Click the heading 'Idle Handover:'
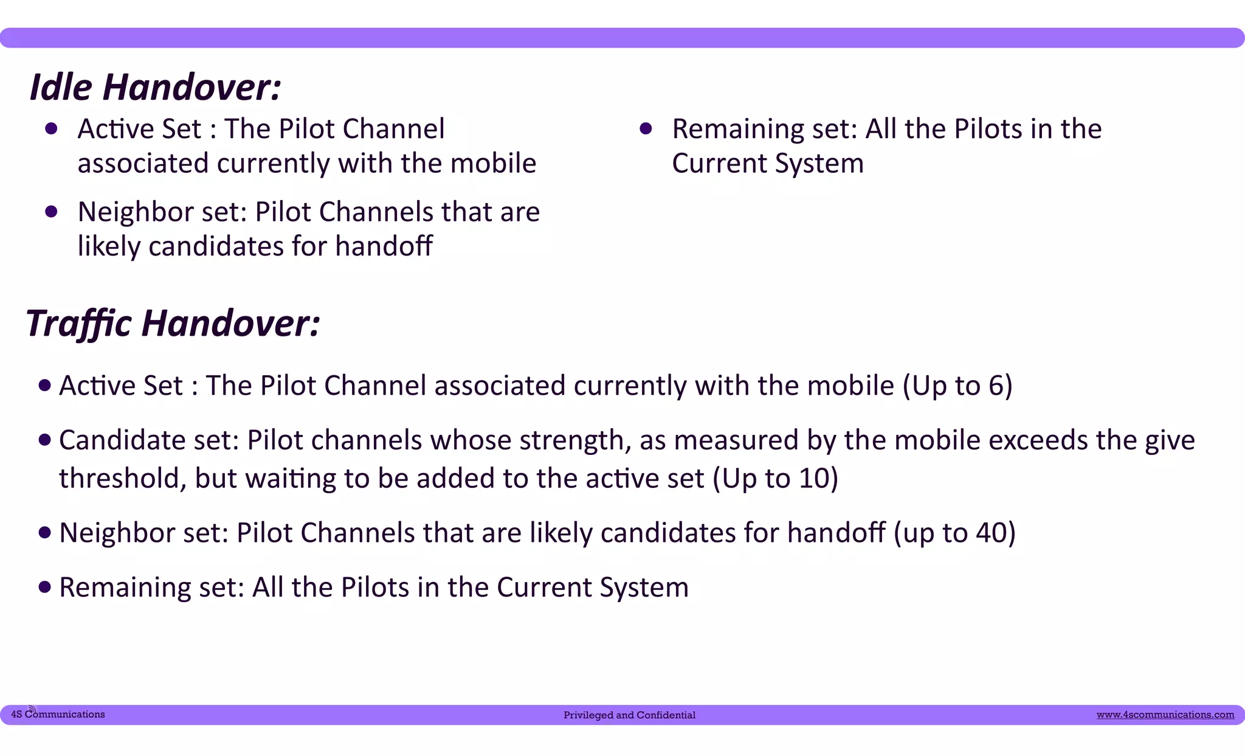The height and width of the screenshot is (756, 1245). coord(156,87)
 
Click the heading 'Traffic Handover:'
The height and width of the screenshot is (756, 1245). coord(173,323)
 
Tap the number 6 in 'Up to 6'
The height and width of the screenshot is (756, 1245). coord(996,386)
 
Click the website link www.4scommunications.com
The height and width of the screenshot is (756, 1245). coord(1165,715)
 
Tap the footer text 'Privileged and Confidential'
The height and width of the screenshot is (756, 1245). coord(629,715)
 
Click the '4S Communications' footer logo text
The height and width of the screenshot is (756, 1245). coord(58,715)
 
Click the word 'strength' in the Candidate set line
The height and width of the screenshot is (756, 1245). coord(574,440)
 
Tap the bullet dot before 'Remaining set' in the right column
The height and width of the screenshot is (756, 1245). coord(646,128)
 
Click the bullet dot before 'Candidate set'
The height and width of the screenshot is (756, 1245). coord(44,440)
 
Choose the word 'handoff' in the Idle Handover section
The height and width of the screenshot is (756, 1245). coord(384,246)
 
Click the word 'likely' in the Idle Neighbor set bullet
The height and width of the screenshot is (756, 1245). coord(109,247)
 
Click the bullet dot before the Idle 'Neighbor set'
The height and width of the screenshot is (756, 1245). coord(51,212)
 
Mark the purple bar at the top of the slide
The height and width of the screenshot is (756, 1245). coord(622,38)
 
